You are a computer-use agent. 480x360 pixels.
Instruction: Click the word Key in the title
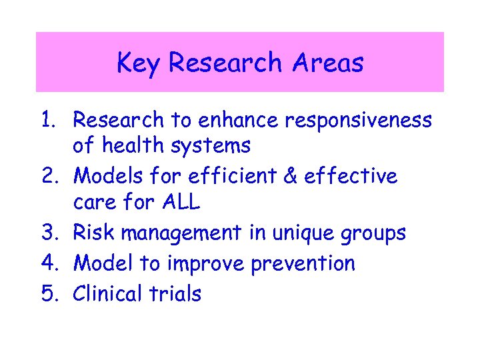[x=139, y=63]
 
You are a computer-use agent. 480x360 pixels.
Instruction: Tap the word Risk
[x=92, y=233]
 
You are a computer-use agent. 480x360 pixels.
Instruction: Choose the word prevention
[x=303, y=264]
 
